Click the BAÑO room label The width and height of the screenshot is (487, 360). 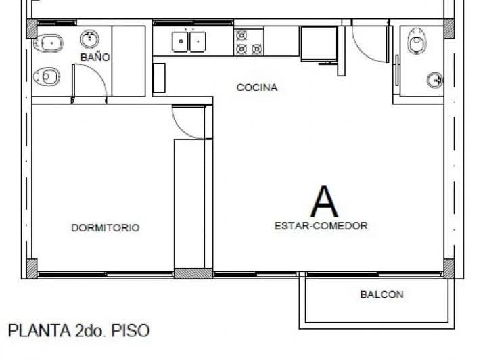click(95, 57)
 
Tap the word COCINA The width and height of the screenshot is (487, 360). click(257, 87)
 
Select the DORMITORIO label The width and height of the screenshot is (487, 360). click(106, 227)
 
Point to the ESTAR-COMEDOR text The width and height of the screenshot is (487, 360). click(321, 226)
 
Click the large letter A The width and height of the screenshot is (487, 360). click(324, 201)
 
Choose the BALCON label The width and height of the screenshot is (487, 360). click(381, 294)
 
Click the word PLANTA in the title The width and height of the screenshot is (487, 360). click(39, 330)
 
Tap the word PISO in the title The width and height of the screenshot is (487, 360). click(131, 330)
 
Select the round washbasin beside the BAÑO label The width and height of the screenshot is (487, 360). click(90, 39)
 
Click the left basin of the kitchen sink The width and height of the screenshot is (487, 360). click(180, 42)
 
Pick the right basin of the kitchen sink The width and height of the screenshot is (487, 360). click(198, 42)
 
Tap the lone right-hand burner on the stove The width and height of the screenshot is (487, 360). click(257, 49)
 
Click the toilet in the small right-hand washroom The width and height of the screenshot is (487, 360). click(417, 41)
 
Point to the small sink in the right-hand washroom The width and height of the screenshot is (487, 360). click(435, 81)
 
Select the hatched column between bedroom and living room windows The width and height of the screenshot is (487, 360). click(193, 273)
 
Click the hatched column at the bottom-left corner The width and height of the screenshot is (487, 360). click(32, 269)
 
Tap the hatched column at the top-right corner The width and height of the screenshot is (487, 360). click(448, 28)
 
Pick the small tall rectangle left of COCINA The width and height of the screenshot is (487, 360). click(159, 78)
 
